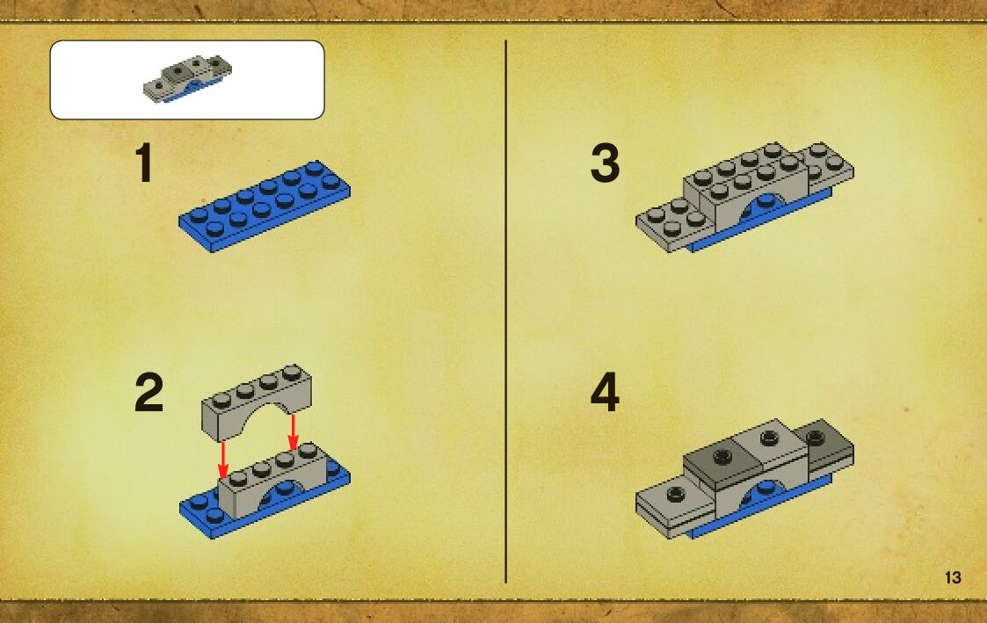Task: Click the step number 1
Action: pos(145,163)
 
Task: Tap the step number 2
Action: pos(149,392)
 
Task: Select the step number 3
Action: pos(605,163)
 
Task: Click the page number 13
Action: pos(953,577)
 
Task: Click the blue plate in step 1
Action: pos(265,206)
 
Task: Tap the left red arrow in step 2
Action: pos(223,460)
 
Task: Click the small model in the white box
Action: pos(187,79)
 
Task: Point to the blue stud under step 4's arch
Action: pos(766,487)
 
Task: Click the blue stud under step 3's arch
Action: pos(765,201)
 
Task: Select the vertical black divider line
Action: pos(506,311)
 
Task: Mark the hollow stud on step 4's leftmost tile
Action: pos(676,493)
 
